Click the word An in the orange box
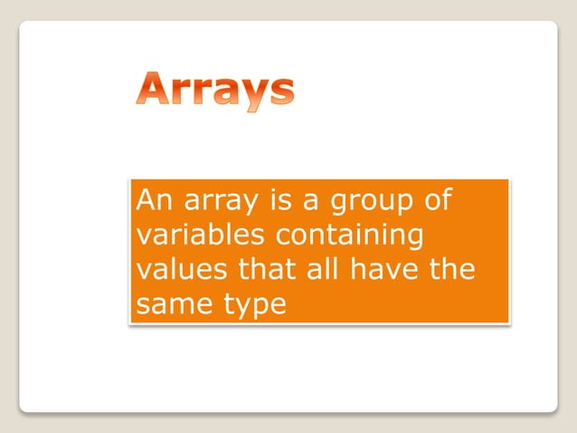(x=150, y=200)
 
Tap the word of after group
(x=438, y=200)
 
